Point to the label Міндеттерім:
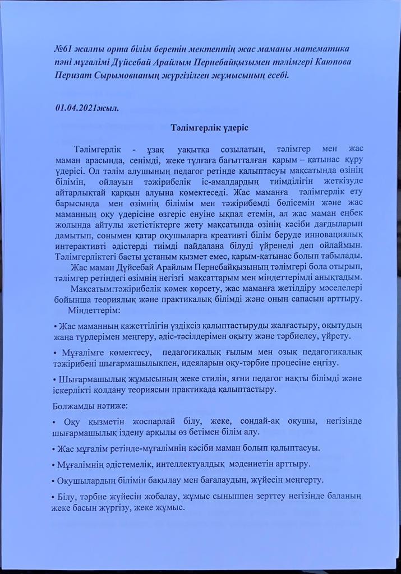point(93,309)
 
